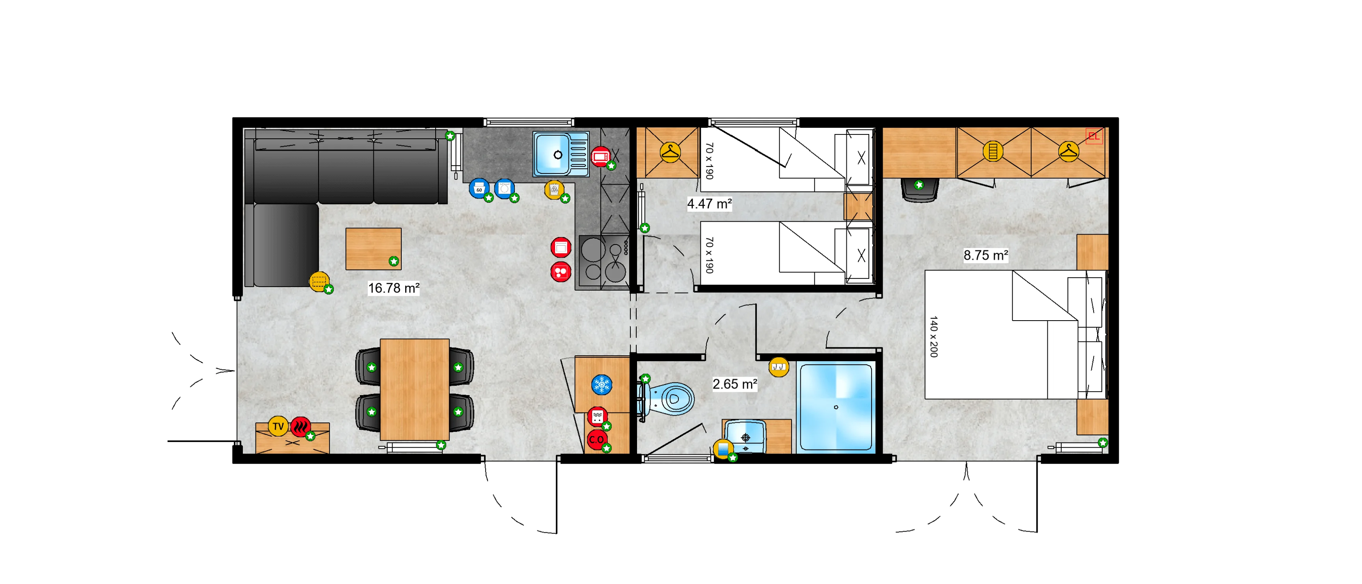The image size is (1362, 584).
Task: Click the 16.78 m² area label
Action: click(x=393, y=288)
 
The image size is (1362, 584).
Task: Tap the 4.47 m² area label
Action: click(x=709, y=203)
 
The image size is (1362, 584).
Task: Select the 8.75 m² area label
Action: click(x=986, y=256)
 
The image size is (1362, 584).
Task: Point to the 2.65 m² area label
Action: click(x=734, y=384)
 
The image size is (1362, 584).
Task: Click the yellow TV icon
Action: click(x=278, y=426)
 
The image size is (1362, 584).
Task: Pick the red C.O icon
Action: click(x=597, y=440)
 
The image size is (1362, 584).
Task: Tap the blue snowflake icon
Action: click(x=602, y=384)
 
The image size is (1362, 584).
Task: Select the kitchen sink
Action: click(x=561, y=154)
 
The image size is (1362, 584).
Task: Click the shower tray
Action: click(x=836, y=407)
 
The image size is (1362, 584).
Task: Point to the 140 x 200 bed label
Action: click(x=934, y=336)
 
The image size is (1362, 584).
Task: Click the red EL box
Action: click(x=1094, y=136)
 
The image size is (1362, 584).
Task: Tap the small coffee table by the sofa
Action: click(x=373, y=248)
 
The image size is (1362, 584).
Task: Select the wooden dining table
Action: click(x=415, y=389)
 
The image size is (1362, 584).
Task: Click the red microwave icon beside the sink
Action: click(x=600, y=157)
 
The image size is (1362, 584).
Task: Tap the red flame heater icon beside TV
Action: click(x=300, y=426)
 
